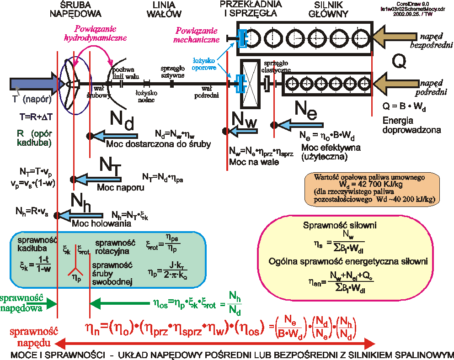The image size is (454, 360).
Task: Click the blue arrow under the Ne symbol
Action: pos(297,124)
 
